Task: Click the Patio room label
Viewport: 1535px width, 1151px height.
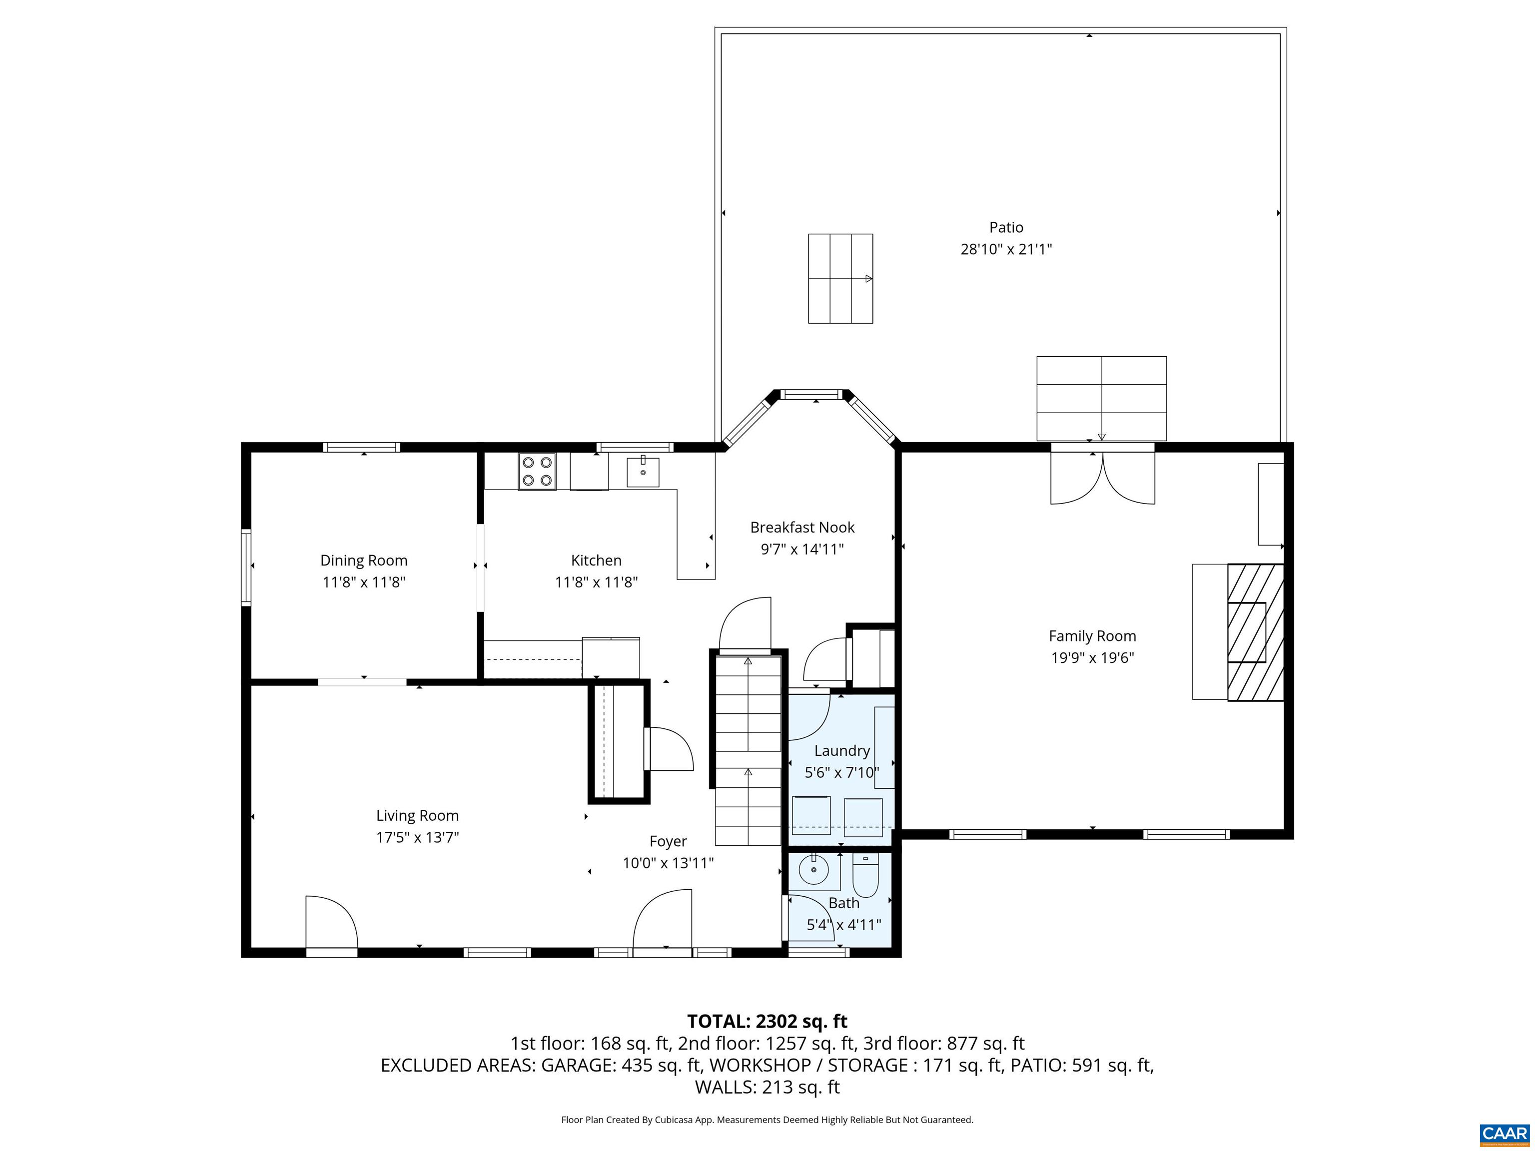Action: pos(1005,228)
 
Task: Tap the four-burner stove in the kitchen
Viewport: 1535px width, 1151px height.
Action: pos(537,471)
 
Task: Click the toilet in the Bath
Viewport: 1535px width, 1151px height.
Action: pos(865,877)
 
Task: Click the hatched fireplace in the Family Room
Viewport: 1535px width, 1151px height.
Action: pos(1254,632)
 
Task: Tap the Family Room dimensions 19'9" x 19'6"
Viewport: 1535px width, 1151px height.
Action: pos(1092,658)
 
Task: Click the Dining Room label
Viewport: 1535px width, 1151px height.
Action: pos(364,561)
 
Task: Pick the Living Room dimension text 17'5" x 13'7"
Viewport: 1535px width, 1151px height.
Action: pos(417,837)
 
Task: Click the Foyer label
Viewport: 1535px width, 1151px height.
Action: pos(668,842)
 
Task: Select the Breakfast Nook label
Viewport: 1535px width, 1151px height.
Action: pos(801,527)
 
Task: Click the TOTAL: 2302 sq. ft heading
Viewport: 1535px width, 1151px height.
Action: pos(767,1021)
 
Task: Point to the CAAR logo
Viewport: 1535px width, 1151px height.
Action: pos(1504,1134)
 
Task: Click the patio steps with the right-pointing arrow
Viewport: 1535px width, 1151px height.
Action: pos(839,278)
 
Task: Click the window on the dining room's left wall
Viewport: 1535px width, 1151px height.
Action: pos(246,567)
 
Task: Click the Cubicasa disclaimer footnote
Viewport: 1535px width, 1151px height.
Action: pos(767,1120)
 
